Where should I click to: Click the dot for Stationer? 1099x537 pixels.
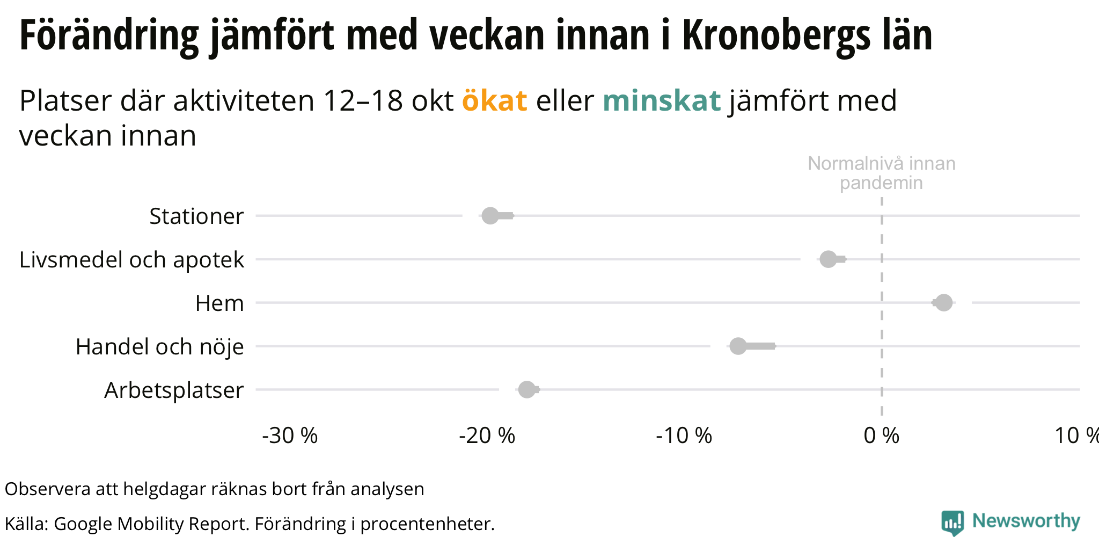coord(490,216)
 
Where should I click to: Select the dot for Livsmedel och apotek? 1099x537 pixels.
coord(829,259)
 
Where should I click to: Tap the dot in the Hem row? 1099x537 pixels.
coord(944,303)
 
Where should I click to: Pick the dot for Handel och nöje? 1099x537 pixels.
coord(738,346)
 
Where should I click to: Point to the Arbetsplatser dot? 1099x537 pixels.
coord(527,390)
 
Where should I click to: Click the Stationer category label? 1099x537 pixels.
coord(196,216)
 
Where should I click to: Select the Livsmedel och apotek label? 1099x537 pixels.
coord(131,260)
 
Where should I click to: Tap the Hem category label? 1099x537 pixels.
coord(219,303)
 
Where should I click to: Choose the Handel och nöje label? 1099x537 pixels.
coord(159,347)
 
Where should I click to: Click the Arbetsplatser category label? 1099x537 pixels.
coord(174,390)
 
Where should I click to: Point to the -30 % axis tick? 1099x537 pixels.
coord(290,436)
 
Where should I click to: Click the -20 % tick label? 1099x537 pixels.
coord(487,436)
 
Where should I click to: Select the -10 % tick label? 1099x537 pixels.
coord(684,436)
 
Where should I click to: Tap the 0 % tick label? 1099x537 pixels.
coord(881,436)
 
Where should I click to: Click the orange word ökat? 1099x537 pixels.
coord(494,100)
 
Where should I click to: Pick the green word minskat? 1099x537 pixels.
coord(662,100)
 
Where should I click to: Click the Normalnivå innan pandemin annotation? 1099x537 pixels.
coord(881,173)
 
